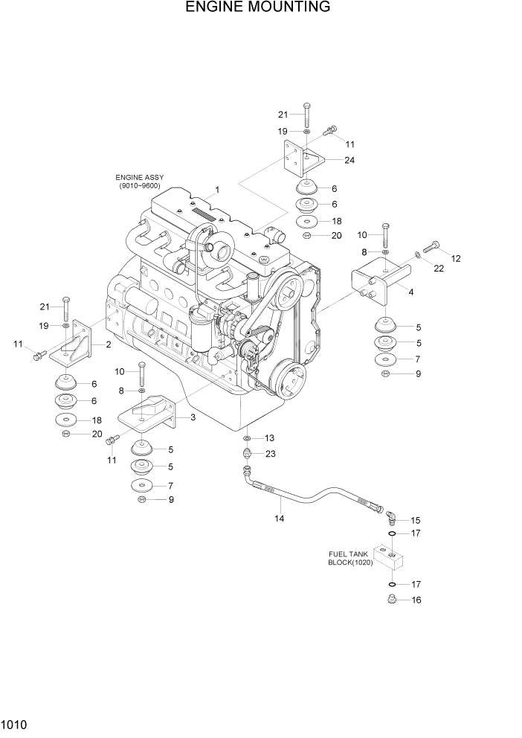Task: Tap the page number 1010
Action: tap(15, 722)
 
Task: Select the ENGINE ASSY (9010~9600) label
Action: tap(139, 182)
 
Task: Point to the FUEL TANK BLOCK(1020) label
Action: tap(351, 558)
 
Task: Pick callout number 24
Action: tap(349, 160)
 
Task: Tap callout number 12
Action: tap(455, 259)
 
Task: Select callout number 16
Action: tap(416, 600)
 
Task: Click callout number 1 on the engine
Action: tap(217, 190)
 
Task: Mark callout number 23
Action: tap(269, 454)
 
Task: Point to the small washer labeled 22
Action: tap(417, 255)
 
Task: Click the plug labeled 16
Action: tap(391, 600)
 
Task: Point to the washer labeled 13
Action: tap(247, 438)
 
